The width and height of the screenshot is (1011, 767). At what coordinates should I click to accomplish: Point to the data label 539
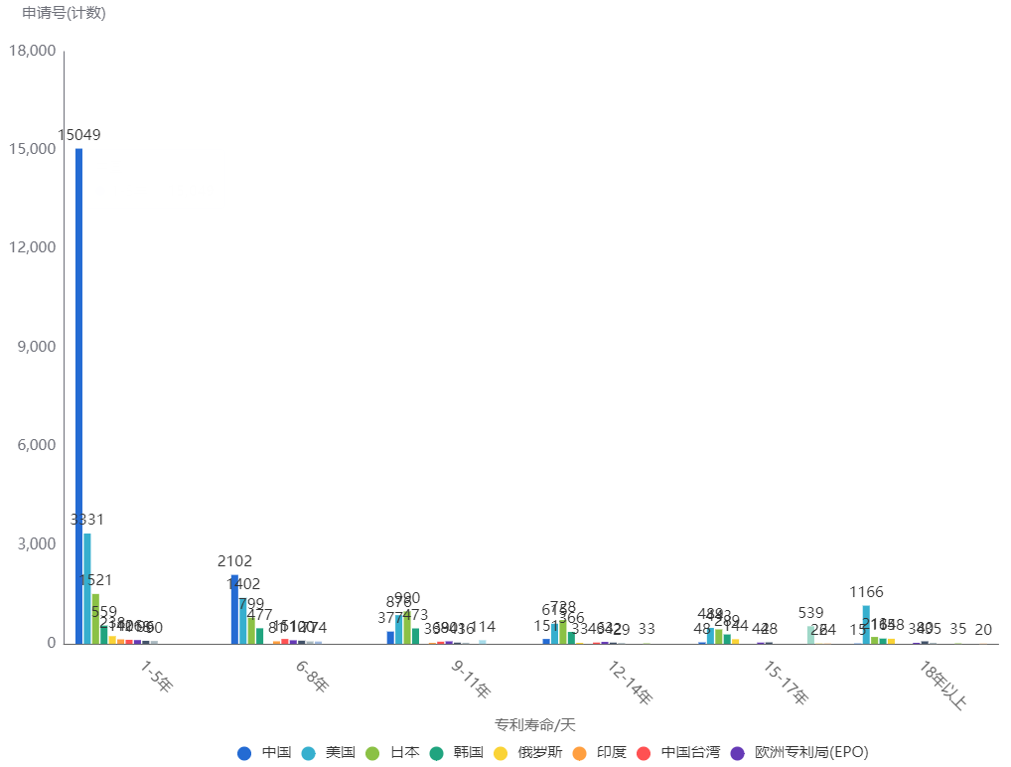(811, 612)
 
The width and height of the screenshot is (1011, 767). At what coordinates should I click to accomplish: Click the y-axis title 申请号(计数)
(64, 13)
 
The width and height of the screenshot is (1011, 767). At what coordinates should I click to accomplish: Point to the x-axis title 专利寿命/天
(535, 724)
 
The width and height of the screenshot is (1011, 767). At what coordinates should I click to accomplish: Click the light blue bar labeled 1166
(866, 624)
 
